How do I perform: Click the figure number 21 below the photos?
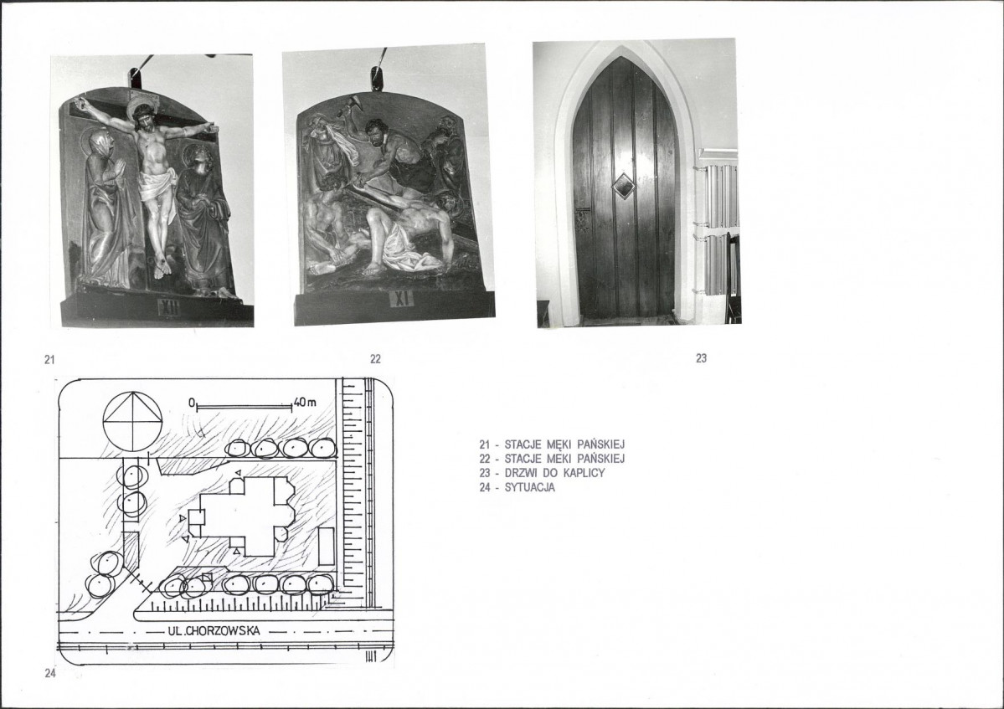49,360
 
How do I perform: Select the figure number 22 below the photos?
375,359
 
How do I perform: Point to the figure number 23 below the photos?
701,358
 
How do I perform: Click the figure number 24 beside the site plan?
50,673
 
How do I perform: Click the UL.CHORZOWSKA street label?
214,631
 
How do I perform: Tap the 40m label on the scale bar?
305,403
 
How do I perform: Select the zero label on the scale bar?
192,403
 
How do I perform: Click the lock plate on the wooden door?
584,218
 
